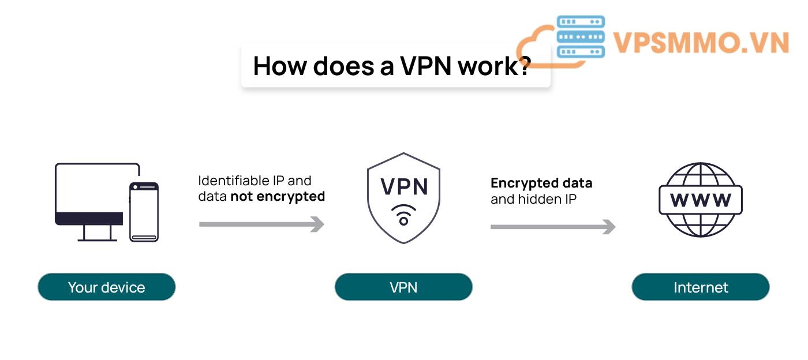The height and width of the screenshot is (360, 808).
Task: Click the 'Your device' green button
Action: tap(106, 287)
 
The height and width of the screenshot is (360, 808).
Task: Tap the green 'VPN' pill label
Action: tap(403, 287)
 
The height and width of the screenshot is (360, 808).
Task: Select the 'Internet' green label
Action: tap(701, 287)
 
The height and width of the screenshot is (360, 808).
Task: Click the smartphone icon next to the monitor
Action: tap(144, 212)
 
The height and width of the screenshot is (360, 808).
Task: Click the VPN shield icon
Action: tap(403, 198)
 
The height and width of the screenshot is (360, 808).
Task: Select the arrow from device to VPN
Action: tap(261, 224)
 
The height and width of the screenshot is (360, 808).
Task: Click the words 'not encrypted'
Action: tap(278, 197)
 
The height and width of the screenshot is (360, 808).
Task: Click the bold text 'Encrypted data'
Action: tap(541, 183)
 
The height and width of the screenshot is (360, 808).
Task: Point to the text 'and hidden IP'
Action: tap(534, 200)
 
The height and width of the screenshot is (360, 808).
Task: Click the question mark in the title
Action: tap(523, 66)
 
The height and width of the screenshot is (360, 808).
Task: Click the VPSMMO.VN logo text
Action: tap(701, 43)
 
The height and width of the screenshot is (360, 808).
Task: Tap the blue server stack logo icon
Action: tap(581, 36)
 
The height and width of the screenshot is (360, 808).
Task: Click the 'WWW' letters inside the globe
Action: tap(701, 200)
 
